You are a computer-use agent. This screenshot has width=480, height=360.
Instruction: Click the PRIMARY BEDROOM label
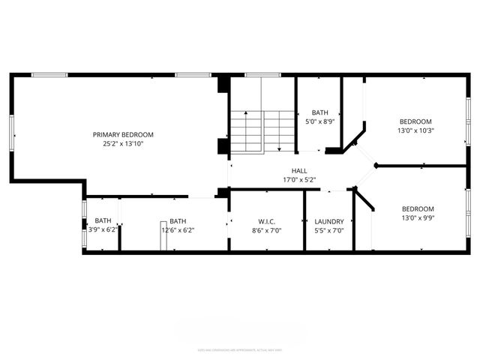tap(123, 134)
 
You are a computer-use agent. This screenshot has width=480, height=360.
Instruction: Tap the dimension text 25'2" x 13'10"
tap(123, 143)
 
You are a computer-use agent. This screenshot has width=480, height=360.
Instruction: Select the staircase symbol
tap(262, 130)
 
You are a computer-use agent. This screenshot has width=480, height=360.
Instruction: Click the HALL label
tap(299, 171)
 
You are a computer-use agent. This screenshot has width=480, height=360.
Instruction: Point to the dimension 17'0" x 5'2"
tap(299, 180)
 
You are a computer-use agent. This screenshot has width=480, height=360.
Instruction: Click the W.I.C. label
tap(266, 221)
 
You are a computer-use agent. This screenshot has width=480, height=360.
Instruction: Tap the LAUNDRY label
tap(329, 221)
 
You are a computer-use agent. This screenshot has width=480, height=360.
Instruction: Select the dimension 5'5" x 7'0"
tap(329, 230)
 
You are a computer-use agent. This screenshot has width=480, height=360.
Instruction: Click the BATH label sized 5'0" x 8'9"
tap(320, 112)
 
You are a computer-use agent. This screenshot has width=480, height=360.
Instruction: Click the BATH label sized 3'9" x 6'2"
tap(103, 220)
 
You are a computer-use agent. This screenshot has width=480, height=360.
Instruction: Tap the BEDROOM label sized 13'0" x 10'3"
tap(415, 121)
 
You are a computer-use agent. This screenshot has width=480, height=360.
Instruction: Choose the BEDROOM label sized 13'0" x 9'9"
tap(418, 208)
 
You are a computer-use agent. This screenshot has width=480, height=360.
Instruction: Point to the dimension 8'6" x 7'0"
tap(266, 230)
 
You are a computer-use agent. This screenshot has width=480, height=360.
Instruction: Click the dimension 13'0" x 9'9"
tap(418, 217)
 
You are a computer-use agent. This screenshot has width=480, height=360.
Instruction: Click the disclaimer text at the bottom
tap(239, 349)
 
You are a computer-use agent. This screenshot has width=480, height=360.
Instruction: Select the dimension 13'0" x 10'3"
tap(415, 130)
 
